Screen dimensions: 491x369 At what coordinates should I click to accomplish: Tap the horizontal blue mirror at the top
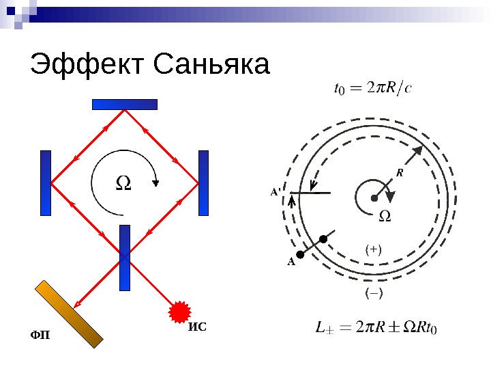125,105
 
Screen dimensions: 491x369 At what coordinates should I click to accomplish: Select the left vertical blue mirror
46,183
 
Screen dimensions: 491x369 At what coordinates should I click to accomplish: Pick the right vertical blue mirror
203,183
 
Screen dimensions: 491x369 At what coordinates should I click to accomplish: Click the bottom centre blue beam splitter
125,257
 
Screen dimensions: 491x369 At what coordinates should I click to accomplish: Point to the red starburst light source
179,312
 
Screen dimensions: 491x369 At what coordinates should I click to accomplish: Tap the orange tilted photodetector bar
70,314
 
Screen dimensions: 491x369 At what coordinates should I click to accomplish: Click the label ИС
197,327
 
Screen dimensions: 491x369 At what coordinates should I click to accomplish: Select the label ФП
40,335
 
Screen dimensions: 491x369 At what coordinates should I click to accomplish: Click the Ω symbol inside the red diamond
123,182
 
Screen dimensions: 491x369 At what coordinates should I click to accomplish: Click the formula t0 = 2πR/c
372,87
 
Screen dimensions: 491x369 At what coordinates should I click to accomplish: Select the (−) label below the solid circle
374,293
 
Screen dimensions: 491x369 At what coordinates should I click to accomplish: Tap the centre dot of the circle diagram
374,198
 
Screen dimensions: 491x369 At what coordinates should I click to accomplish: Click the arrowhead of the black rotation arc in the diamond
157,182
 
